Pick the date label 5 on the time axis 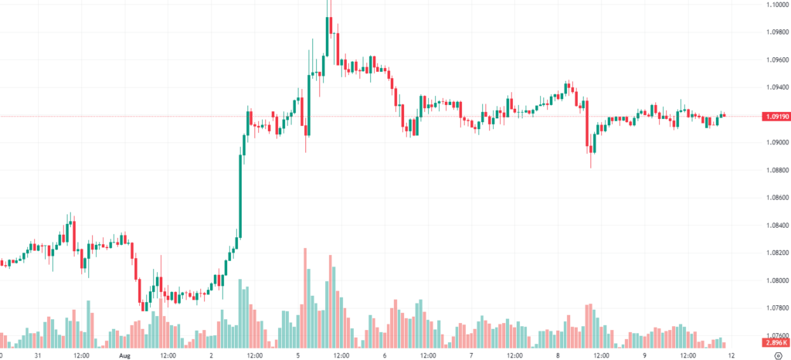click(298, 355)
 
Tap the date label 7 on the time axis click(471, 355)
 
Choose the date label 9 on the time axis click(645, 355)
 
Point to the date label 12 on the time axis click(731, 355)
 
